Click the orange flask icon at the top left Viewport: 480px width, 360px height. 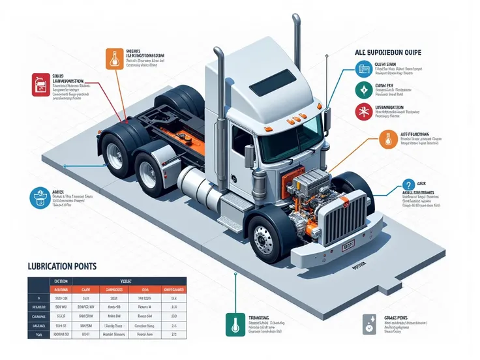[114, 59]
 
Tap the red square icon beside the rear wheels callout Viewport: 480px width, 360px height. [42, 84]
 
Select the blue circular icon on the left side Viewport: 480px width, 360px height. [41, 196]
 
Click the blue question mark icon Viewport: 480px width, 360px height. [410, 186]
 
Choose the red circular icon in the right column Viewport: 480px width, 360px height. [363, 112]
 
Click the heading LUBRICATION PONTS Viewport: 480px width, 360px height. [61, 266]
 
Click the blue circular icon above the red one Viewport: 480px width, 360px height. [363, 68]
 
